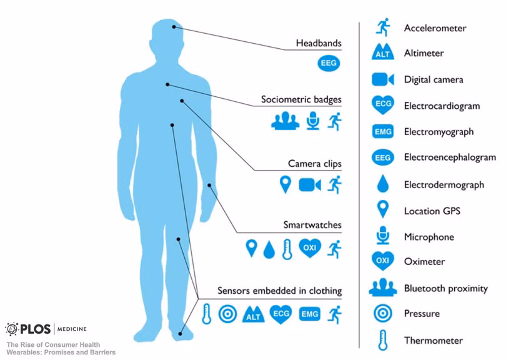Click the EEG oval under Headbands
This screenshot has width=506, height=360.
[x=329, y=63]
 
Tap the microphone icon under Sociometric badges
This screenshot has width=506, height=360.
[x=313, y=121]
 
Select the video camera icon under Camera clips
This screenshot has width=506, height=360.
[x=310, y=185]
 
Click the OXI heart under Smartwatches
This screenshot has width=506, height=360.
[x=310, y=248]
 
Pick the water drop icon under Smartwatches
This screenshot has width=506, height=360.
[x=269, y=249]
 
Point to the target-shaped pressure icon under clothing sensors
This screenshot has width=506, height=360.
[x=227, y=314]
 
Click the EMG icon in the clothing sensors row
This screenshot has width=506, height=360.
[x=310, y=314]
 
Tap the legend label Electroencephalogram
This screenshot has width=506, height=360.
[x=450, y=157]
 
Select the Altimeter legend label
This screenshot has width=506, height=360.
[x=424, y=53]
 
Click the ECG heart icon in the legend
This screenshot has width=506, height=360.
[x=383, y=104]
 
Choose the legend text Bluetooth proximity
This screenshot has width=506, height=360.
[x=445, y=288]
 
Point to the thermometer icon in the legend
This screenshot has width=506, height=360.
[x=383, y=340]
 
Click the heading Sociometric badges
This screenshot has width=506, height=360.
[x=301, y=99]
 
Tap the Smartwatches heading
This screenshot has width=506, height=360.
[x=312, y=225]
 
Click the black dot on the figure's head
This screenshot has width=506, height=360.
[x=174, y=27]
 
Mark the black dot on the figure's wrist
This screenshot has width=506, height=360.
[x=209, y=186]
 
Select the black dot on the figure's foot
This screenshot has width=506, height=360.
[x=180, y=334]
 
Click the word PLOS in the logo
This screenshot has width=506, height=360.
[x=36, y=329]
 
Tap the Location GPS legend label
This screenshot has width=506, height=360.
[x=432, y=211]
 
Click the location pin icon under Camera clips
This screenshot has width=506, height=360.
[x=285, y=184]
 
